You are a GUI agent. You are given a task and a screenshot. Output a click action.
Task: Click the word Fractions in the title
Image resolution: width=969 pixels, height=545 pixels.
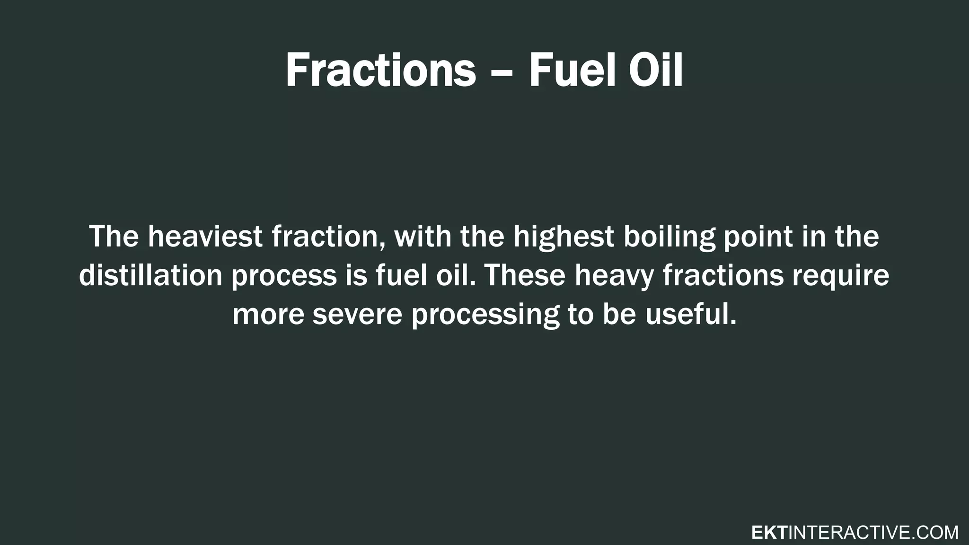(380, 71)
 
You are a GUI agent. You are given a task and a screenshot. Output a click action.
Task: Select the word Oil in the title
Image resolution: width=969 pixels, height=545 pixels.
(656, 71)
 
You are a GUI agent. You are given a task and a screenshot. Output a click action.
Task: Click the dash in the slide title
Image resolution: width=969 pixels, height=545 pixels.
(502, 73)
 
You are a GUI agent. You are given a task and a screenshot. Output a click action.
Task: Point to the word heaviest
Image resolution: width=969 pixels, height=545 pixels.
(205, 237)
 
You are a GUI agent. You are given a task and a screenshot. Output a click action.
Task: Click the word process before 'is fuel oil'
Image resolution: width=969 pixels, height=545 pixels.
(283, 277)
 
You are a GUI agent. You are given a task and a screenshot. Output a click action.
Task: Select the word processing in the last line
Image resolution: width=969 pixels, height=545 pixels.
(485, 316)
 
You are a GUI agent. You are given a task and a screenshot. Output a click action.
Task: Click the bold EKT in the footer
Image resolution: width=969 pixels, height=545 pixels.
(769, 533)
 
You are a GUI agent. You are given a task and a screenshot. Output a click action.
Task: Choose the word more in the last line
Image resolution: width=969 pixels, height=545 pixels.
(268, 315)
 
